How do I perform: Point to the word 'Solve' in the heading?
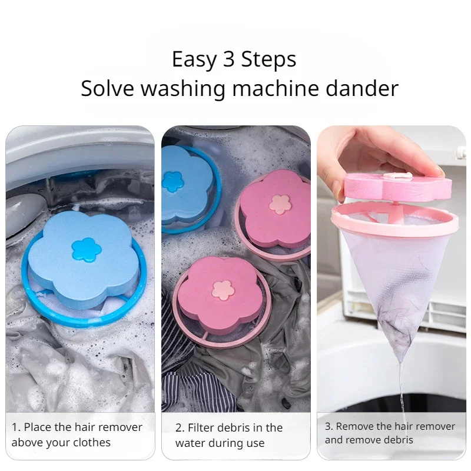[106, 89]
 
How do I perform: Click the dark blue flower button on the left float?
[87, 250]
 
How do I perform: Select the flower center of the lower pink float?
[223, 288]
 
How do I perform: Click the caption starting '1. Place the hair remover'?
[77, 434]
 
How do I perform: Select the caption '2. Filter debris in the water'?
[229, 435]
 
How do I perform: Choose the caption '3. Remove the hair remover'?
[390, 433]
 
